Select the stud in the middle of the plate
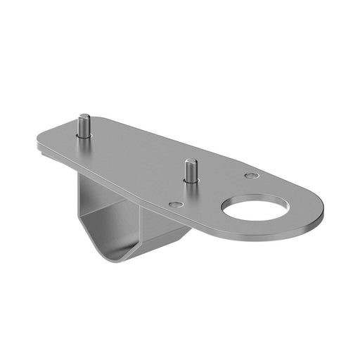[190, 172]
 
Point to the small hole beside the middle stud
[176, 205]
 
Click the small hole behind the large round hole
[251, 175]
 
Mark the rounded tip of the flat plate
[319, 208]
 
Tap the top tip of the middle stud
[189, 162]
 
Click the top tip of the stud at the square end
[84, 117]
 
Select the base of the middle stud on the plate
[191, 181]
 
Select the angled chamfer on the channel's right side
[185, 239]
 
